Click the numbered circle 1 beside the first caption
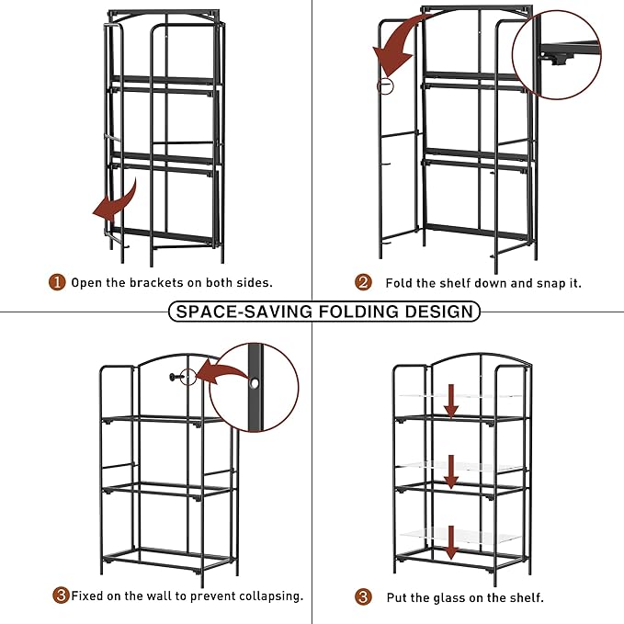coord(57,283)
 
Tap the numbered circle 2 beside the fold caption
coord(364,283)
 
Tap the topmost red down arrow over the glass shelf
coord(451,401)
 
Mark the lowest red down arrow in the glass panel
coord(451,542)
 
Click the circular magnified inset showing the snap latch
coord(556,55)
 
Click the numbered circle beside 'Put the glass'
coord(364,597)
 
